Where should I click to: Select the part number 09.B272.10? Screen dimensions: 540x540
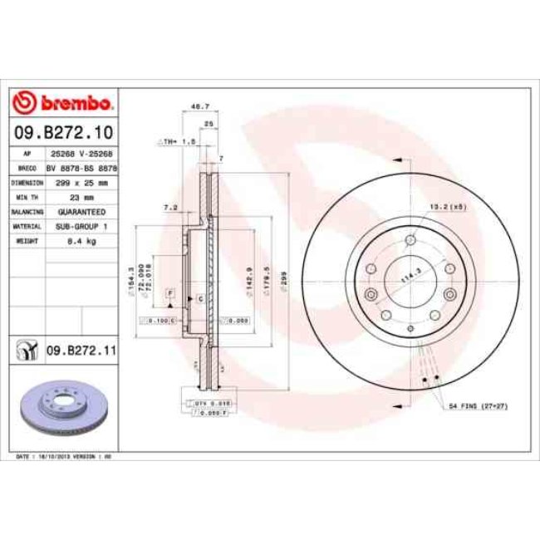(63, 132)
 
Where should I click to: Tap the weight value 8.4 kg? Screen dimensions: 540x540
(81, 240)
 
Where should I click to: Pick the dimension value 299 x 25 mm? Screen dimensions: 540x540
(81, 182)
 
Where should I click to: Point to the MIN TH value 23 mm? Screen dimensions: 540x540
(81, 197)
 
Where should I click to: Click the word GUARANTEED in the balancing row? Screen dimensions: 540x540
(81, 211)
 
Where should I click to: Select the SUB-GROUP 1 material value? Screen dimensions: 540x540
(81, 225)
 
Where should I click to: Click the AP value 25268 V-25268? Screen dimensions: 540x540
(81, 154)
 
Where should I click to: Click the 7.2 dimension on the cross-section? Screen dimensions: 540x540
(170, 206)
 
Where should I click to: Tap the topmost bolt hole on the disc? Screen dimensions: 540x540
(410, 241)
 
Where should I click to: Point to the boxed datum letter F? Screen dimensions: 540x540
(169, 293)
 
